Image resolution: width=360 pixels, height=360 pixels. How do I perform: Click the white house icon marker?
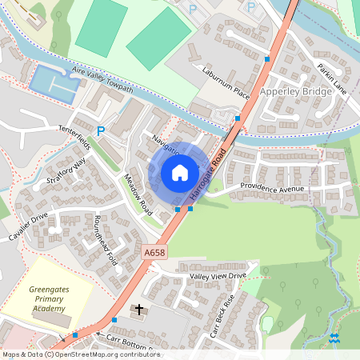coord(180,173)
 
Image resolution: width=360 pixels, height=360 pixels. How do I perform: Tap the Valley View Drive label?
coord(217,276)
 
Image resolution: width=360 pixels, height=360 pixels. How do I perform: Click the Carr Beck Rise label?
coord(221,316)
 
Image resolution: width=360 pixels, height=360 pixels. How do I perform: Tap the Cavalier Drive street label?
coord(30,226)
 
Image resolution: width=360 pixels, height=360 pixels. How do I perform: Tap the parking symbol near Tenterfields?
coord(101,130)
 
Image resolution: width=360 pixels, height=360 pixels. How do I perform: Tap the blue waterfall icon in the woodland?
coord(334,338)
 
